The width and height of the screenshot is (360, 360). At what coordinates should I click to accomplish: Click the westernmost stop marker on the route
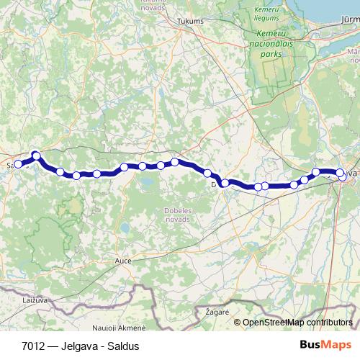coord(18,164)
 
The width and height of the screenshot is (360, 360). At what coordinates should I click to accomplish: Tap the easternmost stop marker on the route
coord(341,173)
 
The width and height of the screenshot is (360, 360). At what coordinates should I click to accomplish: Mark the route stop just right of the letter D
coord(225,183)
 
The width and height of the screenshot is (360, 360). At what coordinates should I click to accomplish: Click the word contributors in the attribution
coord(330,323)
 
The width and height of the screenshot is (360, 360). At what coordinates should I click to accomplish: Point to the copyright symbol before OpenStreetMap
coord(238,323)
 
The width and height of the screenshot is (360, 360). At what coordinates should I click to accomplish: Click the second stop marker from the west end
coord(35,156)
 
